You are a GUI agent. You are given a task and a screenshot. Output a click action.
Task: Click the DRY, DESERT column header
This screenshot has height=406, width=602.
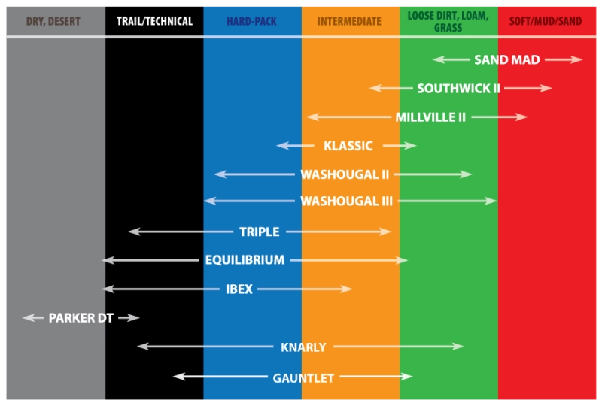(53, 21)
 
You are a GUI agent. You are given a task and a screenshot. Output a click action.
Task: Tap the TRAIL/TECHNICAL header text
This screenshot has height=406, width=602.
(154, 21)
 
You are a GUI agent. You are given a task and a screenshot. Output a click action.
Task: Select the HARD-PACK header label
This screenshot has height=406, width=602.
(251, 21)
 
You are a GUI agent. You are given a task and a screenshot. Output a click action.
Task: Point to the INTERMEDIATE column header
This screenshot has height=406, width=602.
(349, 21)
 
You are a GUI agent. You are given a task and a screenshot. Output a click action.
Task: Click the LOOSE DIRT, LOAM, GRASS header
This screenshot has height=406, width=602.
(448, 22)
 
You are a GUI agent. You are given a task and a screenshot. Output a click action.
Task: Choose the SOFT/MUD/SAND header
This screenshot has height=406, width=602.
(546, 21)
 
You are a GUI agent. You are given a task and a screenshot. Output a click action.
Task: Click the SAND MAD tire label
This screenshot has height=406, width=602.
(506, 59)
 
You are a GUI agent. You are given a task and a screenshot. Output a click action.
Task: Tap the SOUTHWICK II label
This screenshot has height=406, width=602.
(459, 88)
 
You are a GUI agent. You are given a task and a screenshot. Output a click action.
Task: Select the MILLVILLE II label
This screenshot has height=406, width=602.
(430, 117)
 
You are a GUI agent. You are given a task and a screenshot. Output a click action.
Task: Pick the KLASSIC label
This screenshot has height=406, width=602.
(348, 146)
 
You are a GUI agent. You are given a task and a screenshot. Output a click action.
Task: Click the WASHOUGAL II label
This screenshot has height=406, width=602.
(345, 174)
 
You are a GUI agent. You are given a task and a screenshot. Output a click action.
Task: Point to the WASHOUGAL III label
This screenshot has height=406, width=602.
(347, 201)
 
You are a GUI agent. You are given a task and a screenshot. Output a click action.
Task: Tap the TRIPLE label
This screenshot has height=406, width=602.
(260, 232)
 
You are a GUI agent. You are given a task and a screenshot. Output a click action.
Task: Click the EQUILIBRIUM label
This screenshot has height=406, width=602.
(245, 260)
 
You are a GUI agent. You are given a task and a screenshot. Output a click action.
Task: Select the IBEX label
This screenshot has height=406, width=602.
(239, 289)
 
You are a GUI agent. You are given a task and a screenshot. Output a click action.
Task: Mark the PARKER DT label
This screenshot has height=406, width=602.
(81, 318)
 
